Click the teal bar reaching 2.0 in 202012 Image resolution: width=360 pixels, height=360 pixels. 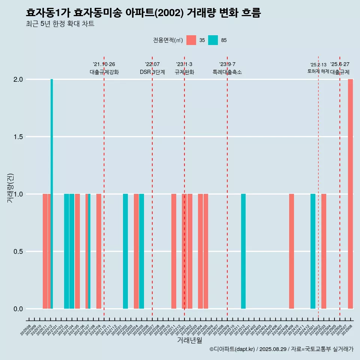52,193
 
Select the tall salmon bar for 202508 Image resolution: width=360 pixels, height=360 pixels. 350,193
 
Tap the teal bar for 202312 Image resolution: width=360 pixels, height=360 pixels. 243,251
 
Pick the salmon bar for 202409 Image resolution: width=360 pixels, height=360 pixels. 291,251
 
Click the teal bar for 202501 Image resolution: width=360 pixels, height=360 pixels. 313,251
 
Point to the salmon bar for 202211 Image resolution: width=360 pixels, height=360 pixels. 174,251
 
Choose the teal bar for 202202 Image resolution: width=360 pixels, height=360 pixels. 125,251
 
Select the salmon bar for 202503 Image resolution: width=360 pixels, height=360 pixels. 324,251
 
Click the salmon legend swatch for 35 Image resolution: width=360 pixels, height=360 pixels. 191,40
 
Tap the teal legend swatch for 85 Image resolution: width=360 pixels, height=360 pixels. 213,40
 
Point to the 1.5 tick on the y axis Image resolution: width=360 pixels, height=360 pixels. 18,137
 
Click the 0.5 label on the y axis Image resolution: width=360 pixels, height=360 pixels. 18,252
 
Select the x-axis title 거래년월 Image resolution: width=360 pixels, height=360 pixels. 189,340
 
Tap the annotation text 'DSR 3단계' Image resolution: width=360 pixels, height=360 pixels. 152,72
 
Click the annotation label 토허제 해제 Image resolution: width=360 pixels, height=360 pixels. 318,71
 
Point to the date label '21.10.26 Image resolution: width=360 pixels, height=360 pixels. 104,64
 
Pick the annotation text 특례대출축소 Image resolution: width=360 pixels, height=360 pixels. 227,72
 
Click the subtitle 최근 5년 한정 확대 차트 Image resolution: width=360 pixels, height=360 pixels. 60,24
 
